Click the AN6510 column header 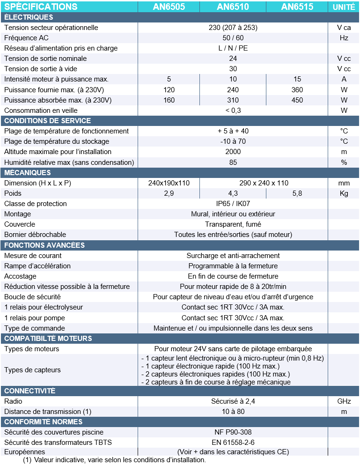(233, 7)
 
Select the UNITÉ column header (344, 7)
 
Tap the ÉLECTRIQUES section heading (29, 17)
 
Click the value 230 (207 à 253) (233, 28)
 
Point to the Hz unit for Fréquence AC (344, 38)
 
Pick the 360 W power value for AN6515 (297, 90)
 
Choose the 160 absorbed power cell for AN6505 (169, 100)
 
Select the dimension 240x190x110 (169, 183)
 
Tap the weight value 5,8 (297, 193)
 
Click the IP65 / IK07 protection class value (233, 204)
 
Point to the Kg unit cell (344, 193)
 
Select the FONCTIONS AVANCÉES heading (44, 245)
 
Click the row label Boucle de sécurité (32, 297)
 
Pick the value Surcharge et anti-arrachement (233, 256)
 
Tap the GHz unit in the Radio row (344, 401)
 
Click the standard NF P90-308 (233, 432)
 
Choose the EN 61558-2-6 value (233, 443)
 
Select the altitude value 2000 (233, 152)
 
